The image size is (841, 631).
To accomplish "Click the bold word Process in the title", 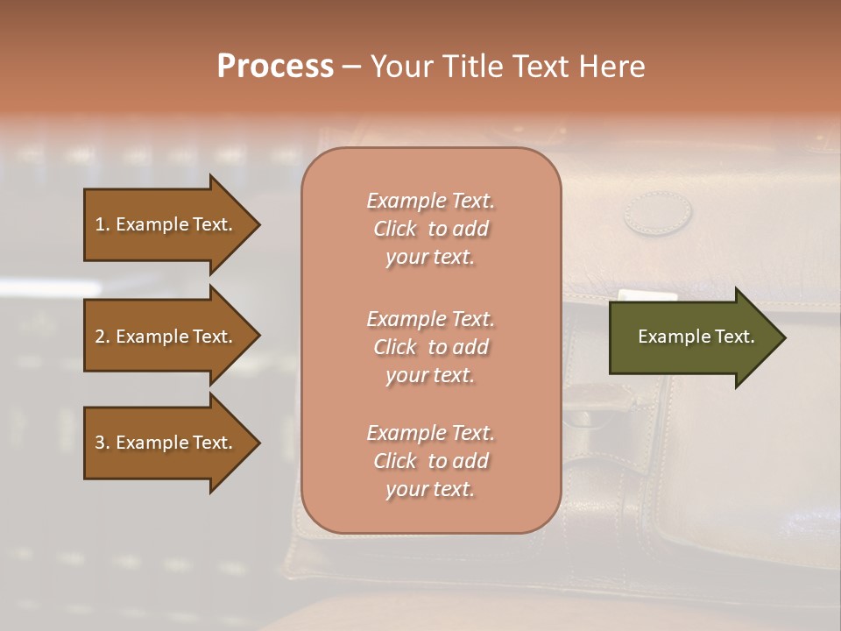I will point(275,67).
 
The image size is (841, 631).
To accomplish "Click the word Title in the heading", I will point(469,67).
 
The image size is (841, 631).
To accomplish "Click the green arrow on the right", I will point(696,337).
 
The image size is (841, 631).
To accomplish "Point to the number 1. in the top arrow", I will point(102,224).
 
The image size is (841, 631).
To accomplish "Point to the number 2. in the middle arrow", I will point(102,337).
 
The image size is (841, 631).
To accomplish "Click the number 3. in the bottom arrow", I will point(102,443).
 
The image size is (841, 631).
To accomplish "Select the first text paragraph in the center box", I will point(430,229).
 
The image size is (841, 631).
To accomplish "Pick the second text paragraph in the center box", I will point(430,347).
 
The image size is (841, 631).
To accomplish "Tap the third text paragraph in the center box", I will point(430,461).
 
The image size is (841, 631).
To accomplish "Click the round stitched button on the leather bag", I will point(658,213).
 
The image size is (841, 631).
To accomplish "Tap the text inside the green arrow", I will point(696,337).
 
